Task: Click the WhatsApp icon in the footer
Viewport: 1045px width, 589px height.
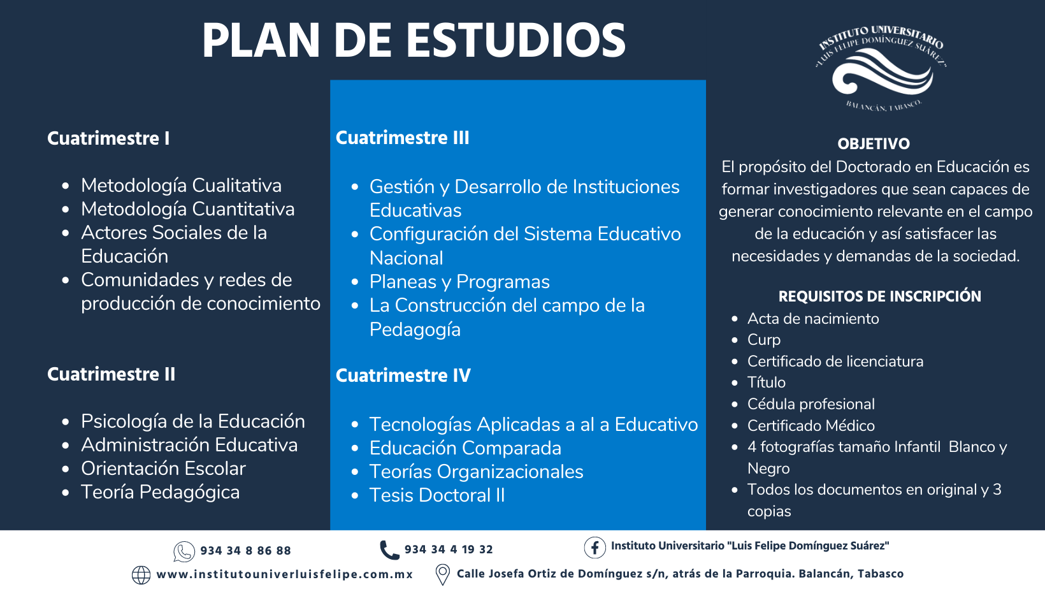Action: (x=184, y=551)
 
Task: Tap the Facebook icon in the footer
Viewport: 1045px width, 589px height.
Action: (x=595, y=548)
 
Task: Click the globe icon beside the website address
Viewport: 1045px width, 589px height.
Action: (x=141, y=575)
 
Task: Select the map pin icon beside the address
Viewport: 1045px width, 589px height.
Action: (x=442, y=574)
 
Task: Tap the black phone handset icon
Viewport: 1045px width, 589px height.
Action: (x=389, y=550)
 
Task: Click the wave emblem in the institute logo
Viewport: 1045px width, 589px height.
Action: (x=882, y=71)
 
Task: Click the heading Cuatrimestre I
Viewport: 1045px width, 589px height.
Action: (x=108, y=138)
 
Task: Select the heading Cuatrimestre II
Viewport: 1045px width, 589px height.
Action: (x=111, y=374)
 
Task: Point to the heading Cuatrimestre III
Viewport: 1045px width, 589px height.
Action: (x=402, y=138)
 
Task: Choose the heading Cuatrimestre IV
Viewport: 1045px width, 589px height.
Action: (x=403, y=375)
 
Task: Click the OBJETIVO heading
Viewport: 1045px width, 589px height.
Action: (x=874, y=144)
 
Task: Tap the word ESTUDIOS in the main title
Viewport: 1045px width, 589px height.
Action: (x=515, y=41)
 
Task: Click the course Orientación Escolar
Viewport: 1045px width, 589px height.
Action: (x=163, y=469)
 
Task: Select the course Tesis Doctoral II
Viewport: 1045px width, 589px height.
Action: (x=437, y=495)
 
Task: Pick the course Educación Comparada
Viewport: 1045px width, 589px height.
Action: (x=465, y=448)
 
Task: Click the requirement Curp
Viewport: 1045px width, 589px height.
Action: (x=764, y=340)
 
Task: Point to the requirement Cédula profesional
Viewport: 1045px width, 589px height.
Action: (x=811, y=404)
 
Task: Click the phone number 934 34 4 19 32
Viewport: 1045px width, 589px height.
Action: (x=449, y=549)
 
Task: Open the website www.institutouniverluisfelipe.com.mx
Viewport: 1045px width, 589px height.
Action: (x=285, y=574)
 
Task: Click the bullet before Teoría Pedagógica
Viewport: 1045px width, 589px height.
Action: (x=65, y=492)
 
